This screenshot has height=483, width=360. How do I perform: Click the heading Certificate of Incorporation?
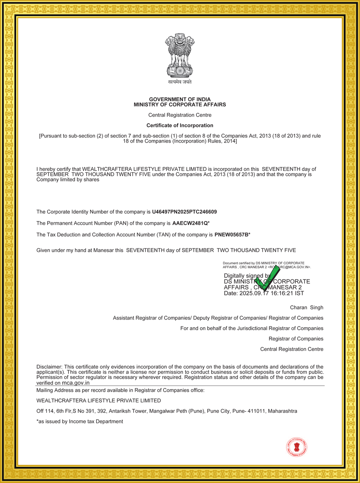180,126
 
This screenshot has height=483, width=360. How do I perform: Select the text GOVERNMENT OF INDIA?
180,99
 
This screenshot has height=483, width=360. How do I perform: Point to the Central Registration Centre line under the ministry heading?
180,115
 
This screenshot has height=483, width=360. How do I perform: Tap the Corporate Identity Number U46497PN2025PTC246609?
184,212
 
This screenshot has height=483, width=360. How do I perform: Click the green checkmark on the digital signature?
266,279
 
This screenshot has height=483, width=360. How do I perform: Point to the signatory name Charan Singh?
307,308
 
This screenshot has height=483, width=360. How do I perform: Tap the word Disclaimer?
49,367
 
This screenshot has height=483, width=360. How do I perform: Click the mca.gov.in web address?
76,383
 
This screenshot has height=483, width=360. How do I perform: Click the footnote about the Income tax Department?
80,422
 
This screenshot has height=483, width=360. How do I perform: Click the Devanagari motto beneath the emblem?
180,82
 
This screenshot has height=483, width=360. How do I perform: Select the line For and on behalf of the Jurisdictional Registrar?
252,328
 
